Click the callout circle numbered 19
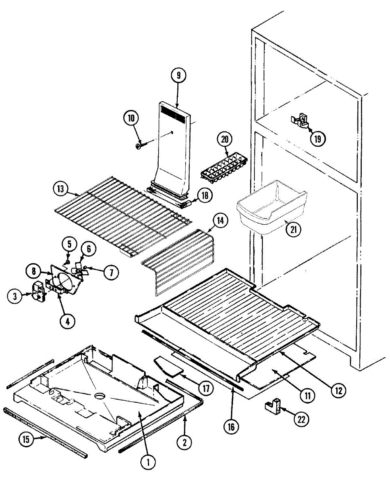click(318, 138)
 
